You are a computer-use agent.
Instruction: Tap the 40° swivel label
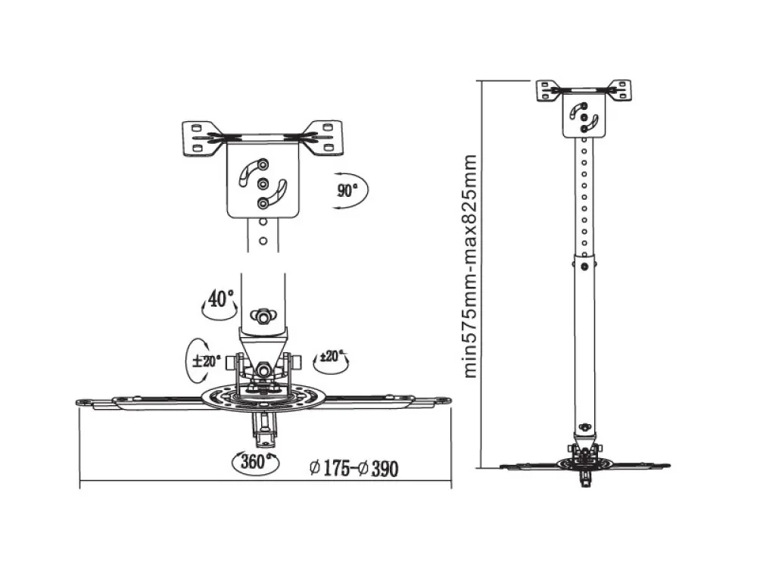click(220, 298)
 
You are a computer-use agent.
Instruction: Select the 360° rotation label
click(254, 462)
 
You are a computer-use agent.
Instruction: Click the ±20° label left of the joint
click(206, 360)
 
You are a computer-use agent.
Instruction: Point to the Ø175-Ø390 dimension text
click(354, 468)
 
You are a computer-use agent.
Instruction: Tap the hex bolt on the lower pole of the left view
click(263, 317)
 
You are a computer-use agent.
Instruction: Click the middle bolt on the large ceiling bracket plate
click(263, 184)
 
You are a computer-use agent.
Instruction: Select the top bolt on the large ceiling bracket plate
click(263, 164)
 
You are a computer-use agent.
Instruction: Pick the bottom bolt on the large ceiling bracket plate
click(263, 203)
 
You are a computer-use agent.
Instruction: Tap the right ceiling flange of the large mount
click(323, 138)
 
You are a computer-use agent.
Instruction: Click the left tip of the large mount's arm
click(77, 402)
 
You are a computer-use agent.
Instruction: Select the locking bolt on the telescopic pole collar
click(584, 266)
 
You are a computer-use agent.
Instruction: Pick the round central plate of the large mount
click(264, 397)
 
